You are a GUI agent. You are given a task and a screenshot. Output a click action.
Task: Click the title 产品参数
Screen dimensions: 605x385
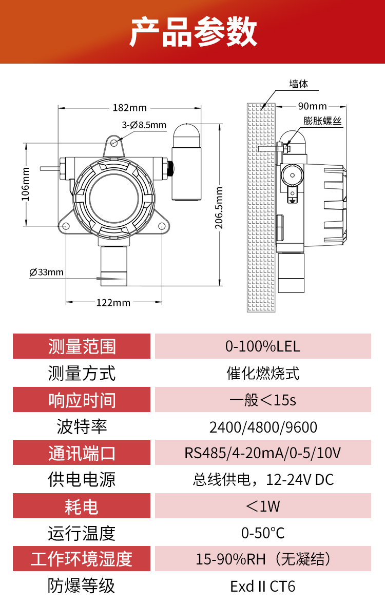(192, 32)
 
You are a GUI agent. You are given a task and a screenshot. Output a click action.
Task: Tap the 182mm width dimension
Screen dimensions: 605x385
(129, 108)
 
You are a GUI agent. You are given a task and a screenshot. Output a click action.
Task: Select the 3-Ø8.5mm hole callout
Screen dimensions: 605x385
(144, 125)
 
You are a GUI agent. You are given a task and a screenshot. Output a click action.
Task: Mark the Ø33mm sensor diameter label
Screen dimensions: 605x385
(47, 272)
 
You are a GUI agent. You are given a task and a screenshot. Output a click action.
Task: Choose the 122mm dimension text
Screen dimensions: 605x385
(113, 302)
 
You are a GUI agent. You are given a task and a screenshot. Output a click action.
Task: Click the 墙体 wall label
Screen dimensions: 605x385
(299, 84)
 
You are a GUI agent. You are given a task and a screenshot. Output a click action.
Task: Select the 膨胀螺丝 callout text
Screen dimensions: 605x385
(322, 121)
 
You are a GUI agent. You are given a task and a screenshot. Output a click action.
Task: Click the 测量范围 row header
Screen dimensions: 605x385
(82, 346)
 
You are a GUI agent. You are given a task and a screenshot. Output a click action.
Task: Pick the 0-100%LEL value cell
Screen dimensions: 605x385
(263, 346)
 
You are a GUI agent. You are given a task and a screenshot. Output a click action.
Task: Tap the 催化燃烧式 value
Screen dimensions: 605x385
(263, 373)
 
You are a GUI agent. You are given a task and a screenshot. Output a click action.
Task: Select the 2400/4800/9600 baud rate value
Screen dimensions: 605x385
(263, 427)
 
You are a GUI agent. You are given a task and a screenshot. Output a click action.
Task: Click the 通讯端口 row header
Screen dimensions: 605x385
(82, 454)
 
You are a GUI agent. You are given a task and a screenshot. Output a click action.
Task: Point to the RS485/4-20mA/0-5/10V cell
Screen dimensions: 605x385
(263, 454)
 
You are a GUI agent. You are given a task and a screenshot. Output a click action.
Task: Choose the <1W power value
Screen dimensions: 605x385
(263, 506)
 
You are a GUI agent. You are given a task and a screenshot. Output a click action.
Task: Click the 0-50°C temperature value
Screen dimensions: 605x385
(263, 533)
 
